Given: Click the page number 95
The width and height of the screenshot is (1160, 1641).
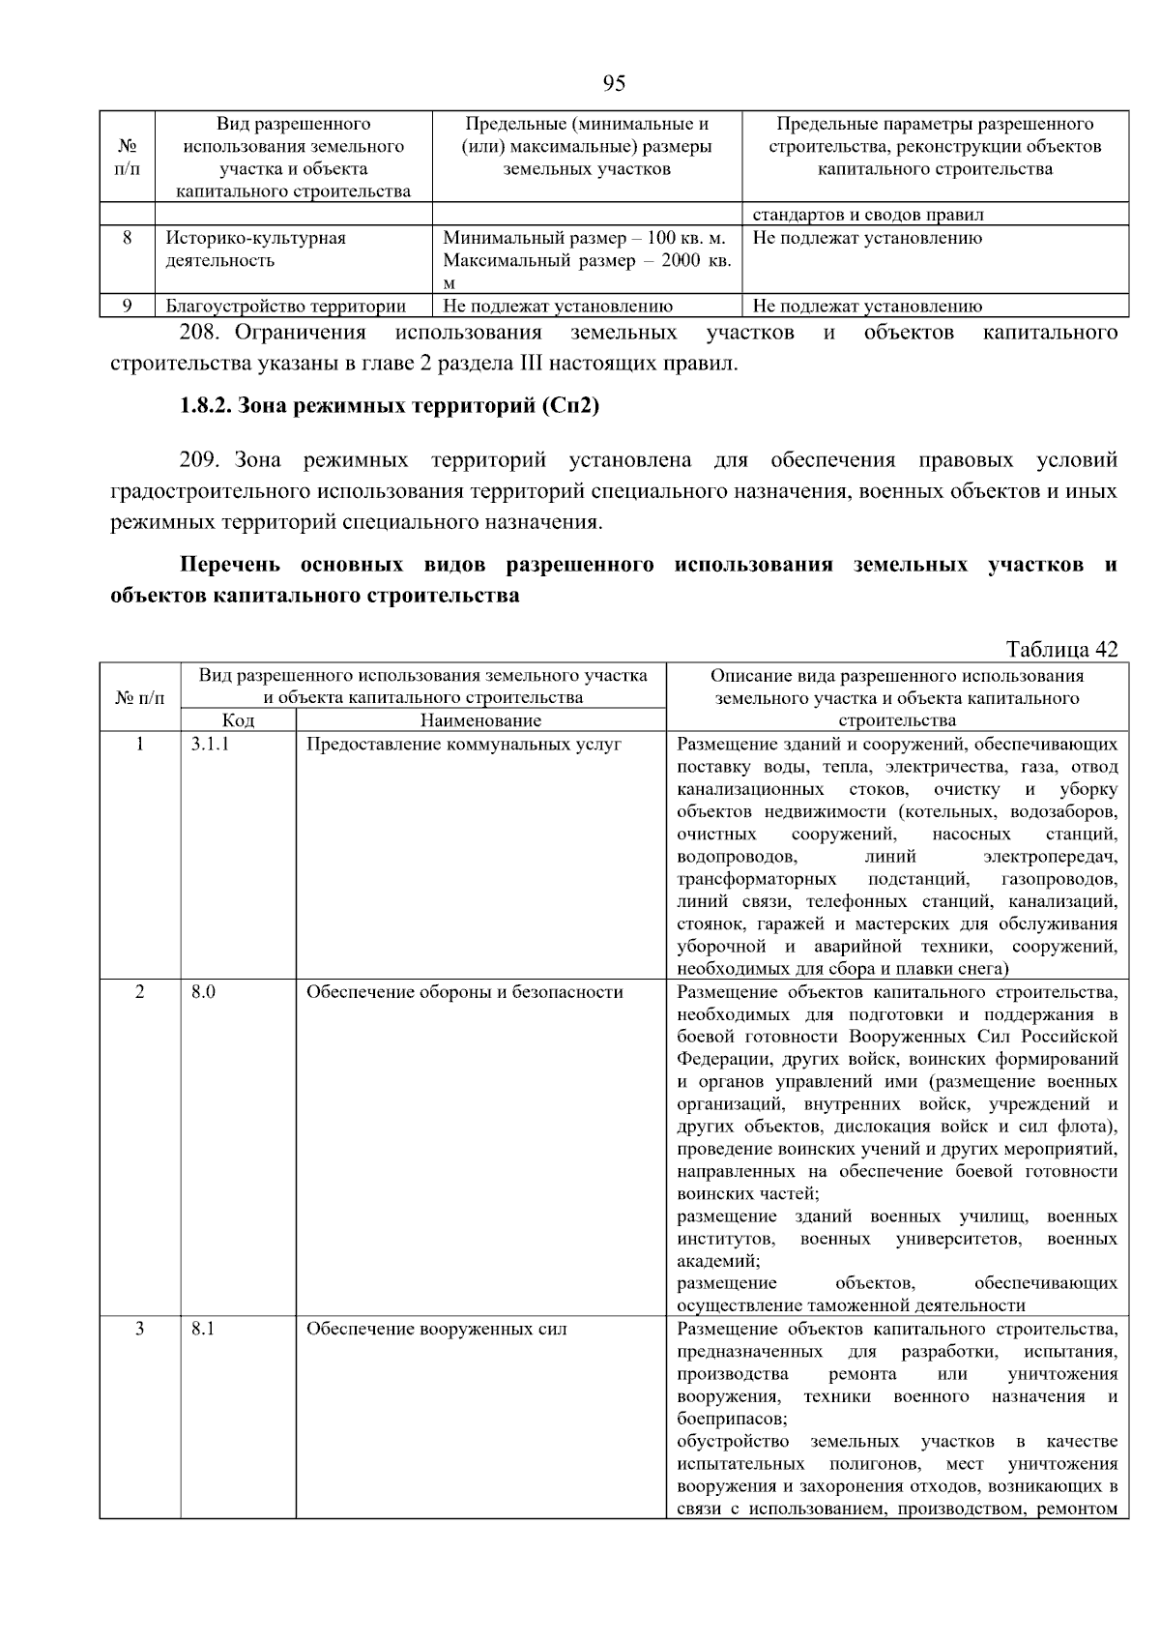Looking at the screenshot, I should tap(614, 83).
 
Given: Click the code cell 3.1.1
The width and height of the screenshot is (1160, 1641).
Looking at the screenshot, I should tap(210, 745).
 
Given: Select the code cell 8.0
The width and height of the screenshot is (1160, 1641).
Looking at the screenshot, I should tap(203, 992).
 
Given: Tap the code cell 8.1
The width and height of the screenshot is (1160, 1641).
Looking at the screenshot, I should tap(203, 1329).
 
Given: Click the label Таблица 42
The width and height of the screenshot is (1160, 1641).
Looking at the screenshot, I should tap(1061, 649).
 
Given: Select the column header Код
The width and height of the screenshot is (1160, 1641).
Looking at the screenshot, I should tap(238, 720).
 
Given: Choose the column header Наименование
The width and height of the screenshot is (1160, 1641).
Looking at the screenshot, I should tap(480, 720).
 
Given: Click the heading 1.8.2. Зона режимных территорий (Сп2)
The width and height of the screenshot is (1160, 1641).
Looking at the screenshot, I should tap(390, 406).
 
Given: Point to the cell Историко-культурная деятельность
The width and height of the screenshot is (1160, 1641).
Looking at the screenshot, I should tap(256, 249).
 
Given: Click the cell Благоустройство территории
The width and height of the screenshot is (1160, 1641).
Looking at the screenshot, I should tap(285, 307).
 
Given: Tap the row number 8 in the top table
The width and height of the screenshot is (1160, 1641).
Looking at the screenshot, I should tap(127, 238).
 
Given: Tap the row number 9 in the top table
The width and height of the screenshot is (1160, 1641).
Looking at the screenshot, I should tap(127, 307).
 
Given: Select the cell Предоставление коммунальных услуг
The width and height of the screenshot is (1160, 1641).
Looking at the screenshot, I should tap(464, 745).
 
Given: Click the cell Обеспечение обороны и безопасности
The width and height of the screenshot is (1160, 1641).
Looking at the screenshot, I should tap(464, 992).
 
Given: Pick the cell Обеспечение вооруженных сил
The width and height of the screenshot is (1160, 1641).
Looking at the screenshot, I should tap(436, 1329).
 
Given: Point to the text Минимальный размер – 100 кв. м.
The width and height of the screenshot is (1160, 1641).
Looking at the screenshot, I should tap(584, 238).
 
